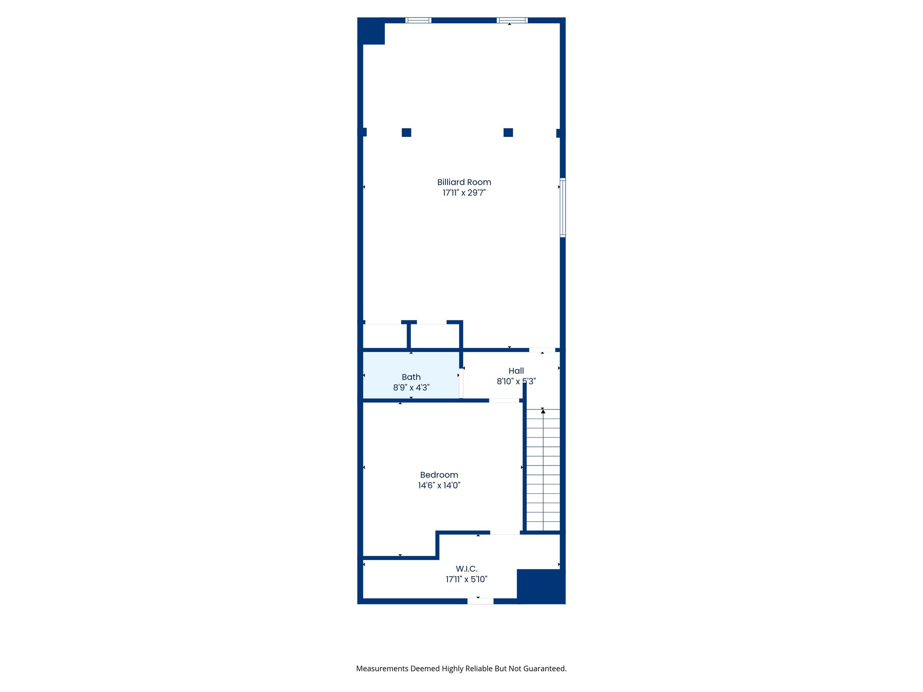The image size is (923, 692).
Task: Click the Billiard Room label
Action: pyautogui.click(x=464, y=182)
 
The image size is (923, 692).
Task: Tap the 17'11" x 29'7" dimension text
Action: pyautogui.click(x=464, y=193)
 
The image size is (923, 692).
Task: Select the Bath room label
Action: pyautogui.click(x=411, y=377)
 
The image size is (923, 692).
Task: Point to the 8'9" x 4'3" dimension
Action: pyautogui.click(x=411, y=387)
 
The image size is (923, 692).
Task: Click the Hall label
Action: pyautogui.click(x=516, y=371)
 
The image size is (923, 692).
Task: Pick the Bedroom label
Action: pyautogui.click(x=439, y=475)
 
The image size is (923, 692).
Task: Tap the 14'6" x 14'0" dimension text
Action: pyautogui.click(x=439, y=485)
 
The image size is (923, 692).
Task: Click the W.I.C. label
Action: pyautogui.click(x=466, y=569)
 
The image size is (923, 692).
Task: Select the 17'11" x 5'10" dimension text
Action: pyautogui.click(x=466, y=579)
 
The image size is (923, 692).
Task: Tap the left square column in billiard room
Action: pyautogui.click(x=407, y=132)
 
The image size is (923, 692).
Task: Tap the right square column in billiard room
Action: pyautogui.click(x=508, y=132)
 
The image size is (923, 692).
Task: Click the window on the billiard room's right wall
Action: pyautogui.click(x=562, y=208)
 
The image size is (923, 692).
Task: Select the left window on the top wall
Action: pyautogui.click(x=418, y=20)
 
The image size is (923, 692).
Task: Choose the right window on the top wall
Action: pyautogui.click(x=512, y=20)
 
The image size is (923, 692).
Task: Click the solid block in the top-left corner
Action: pyautogui.click(x=371, y=31)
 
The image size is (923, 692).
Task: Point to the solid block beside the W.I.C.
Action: pyautogui.click(x=541, y=586)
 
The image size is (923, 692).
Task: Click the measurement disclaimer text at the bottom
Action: pyautogui.click(x=461, y=669)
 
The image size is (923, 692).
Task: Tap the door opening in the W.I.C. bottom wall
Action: pyautogui.click(x=480, y=601)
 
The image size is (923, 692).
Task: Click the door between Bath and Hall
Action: pyautogui.click(x=461, y=383)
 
